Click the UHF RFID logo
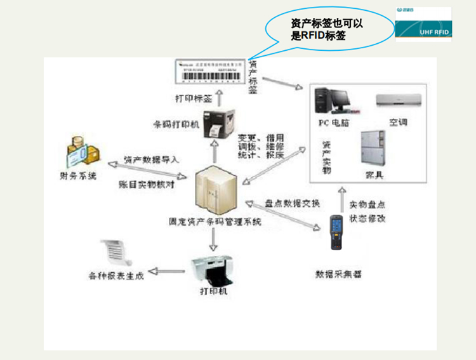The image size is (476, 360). [x=423, y=25]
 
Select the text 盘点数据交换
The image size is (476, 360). [x=292, y=204]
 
